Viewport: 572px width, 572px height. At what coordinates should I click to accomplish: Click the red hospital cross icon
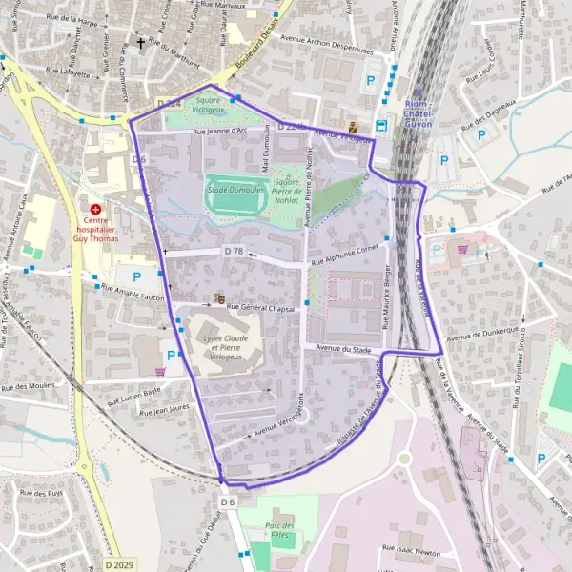pyautogui.click(x=95, y=208)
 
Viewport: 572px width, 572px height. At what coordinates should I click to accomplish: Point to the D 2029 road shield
pyautogui.click(x=119, y=565)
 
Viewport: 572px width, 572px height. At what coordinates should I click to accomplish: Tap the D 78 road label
pyautogui.click(x=234, y=251)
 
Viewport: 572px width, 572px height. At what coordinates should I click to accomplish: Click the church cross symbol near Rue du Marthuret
pyautogui.click(x=142, y=43)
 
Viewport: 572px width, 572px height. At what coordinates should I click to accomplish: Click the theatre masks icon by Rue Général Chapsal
pyautogui.click(x=220, y=298)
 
